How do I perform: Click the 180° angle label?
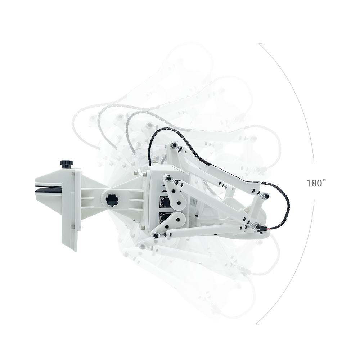(316, 183)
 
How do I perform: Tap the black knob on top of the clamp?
(67, 164)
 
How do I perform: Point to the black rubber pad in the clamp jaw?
(49, 190)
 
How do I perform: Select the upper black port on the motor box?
(165, 202)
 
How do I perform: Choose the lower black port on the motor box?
(165, 218)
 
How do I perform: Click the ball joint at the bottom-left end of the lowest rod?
(156, 235)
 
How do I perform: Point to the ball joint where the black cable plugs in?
(256, 226)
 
